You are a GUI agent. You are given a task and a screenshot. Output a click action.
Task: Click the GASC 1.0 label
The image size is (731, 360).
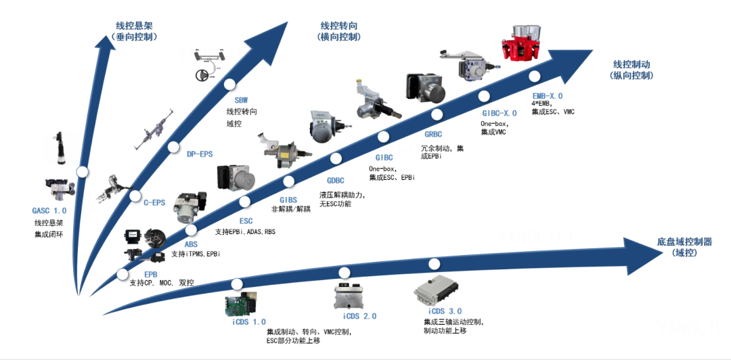[49, 210]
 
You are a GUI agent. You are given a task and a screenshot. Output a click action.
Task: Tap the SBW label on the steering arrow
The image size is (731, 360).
[241, 100]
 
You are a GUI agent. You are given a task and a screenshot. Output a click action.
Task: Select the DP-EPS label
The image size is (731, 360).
[200, 154]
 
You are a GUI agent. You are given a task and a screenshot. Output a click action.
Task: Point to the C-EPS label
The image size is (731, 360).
[154, 203]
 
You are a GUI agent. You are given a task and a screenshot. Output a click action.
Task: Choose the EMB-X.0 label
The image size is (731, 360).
[548, 96]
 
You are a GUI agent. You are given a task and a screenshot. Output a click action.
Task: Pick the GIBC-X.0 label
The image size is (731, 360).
[500, 113]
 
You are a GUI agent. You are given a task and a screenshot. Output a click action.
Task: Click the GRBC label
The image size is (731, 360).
[433, 135]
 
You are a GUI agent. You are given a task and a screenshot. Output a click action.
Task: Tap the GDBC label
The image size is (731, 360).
[335, 181]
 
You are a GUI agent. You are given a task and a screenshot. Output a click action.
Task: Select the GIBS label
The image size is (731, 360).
[288, 200]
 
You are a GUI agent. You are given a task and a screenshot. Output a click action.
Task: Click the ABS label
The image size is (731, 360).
[191, 244]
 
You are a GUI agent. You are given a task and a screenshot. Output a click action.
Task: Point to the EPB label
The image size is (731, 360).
[150, 274]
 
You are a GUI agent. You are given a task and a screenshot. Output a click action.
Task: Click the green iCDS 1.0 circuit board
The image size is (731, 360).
[241, 304]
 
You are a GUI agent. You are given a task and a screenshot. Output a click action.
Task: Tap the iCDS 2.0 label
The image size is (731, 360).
[359, 316]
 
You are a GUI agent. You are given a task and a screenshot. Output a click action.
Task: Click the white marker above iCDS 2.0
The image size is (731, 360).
[345, 273]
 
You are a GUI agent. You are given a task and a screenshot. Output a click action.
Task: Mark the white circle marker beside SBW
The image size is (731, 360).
[229, 85]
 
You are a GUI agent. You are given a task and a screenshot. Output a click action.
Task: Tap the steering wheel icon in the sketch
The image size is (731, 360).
[202, 74]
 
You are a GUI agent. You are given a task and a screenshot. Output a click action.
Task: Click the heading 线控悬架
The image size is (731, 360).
[135, 26]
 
